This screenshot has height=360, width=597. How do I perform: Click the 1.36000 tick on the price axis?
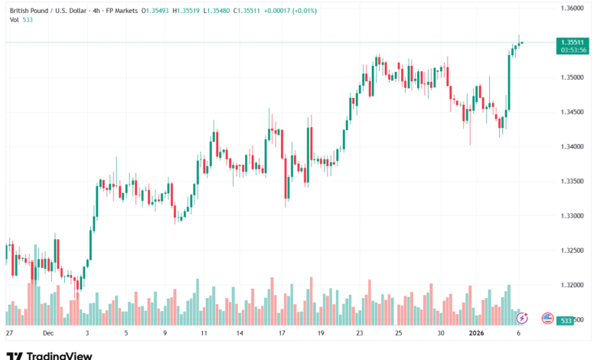click(573, 8)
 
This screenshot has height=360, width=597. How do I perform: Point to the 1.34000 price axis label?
click(573, 146)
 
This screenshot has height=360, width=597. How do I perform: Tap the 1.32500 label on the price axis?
click(573, 250)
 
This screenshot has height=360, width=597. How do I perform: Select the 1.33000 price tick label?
click(573, 216)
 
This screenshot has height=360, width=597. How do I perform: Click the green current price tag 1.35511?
click(573, 42)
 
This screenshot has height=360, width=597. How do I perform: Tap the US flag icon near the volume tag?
click(547, 318)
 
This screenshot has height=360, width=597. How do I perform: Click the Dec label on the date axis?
click(48, 334)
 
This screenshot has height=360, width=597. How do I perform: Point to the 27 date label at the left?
click(9, 334)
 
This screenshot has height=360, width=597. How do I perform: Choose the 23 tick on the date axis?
click(360, 334)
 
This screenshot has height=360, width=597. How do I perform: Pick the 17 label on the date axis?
click(282, 334)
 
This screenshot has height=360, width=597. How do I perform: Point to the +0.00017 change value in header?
click(279, 9)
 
